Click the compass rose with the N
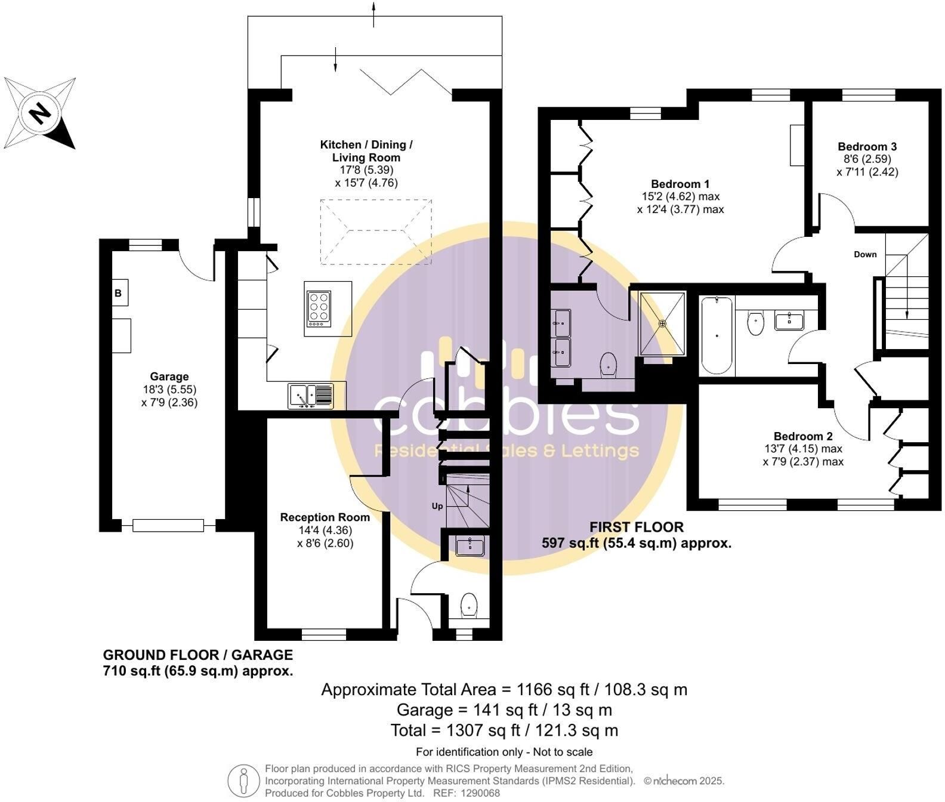tap(39, 112)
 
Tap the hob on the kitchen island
tap(319, 309)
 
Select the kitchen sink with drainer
tap(310, 396)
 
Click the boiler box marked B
tap(119, 293)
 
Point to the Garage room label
tap(169, 377)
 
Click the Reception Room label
tap(325, 517)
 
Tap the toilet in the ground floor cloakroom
tap(470, 604)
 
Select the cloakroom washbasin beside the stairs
tap(471, 545)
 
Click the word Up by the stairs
tap(437, 506)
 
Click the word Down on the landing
tap(865, 254)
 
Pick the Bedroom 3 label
tap(867, 147)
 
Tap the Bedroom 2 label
tap(803, 436)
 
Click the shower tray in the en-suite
tap(662, 323)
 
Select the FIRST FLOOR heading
tap(637, 528)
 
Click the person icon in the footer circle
tap(243, 781)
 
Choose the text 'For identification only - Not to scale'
tap(504, 752)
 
